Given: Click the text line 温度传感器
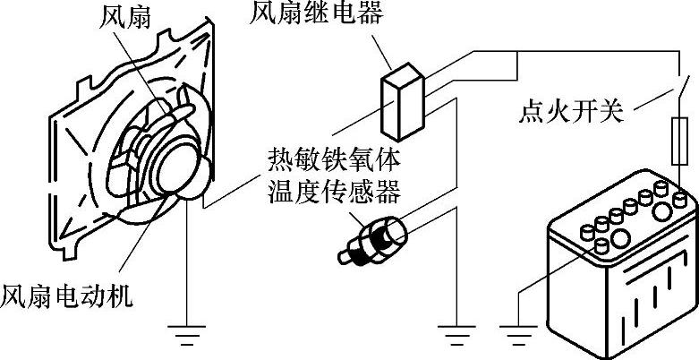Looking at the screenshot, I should [x=333, y=191].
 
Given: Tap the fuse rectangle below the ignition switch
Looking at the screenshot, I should [x=678, y=145].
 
